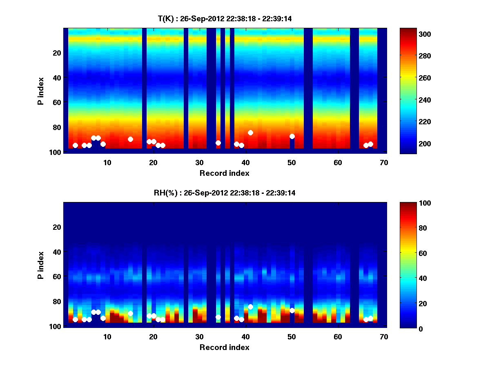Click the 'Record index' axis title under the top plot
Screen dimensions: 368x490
pos(224,173)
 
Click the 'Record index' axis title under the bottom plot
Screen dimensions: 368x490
pos(224,347)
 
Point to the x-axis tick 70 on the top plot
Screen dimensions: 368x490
pos(384,162)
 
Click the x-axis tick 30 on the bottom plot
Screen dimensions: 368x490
pos(199,337)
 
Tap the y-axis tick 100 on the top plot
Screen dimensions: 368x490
pos(56,152)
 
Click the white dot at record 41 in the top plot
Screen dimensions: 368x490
pos(250,132)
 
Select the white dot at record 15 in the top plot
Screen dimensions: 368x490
pos(130,139)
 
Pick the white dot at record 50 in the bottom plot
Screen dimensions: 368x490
pos(292,310)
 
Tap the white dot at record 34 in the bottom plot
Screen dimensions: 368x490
pos(218,317)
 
